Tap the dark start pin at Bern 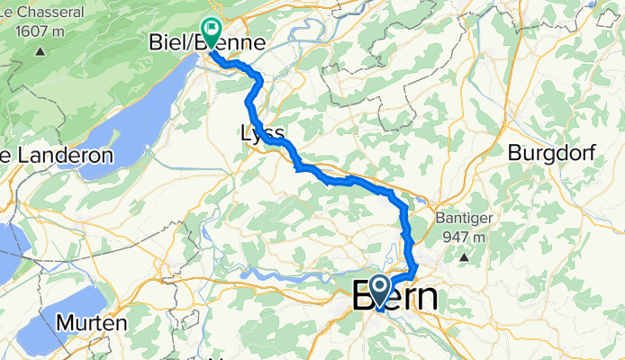pyautogui.click(x=381, y=289)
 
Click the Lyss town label pyautogui.click(x=262, y=134)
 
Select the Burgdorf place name pyautogui.click(x=553, y=154)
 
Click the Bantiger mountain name pyautogui.click(x=465, y=220)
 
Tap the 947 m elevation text pyautogui.click(x=465, y=238)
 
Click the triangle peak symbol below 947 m pyautogui.click(x=465, y=258)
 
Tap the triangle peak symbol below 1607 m pyautogui.click(x=41, y=51)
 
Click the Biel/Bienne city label pyautogui.click(x=205, y=43)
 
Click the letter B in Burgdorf pyautogui.click(x=514, y=154)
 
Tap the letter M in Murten pyautogui.click(x=63, y=321)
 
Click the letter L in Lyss pyautogui.click(x=245, y=134)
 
